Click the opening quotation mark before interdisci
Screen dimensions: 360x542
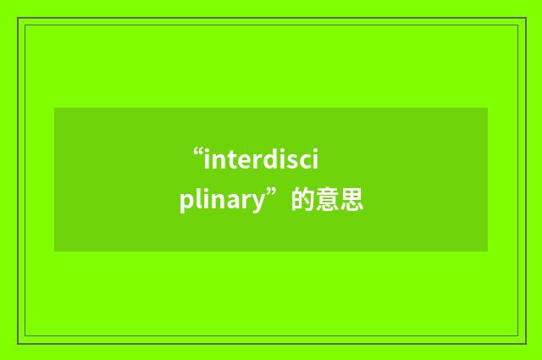click(x=198, y=152)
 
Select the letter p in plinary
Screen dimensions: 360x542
click(x=185, y=204)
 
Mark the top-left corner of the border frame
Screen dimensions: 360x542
click(x=19, y=18)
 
